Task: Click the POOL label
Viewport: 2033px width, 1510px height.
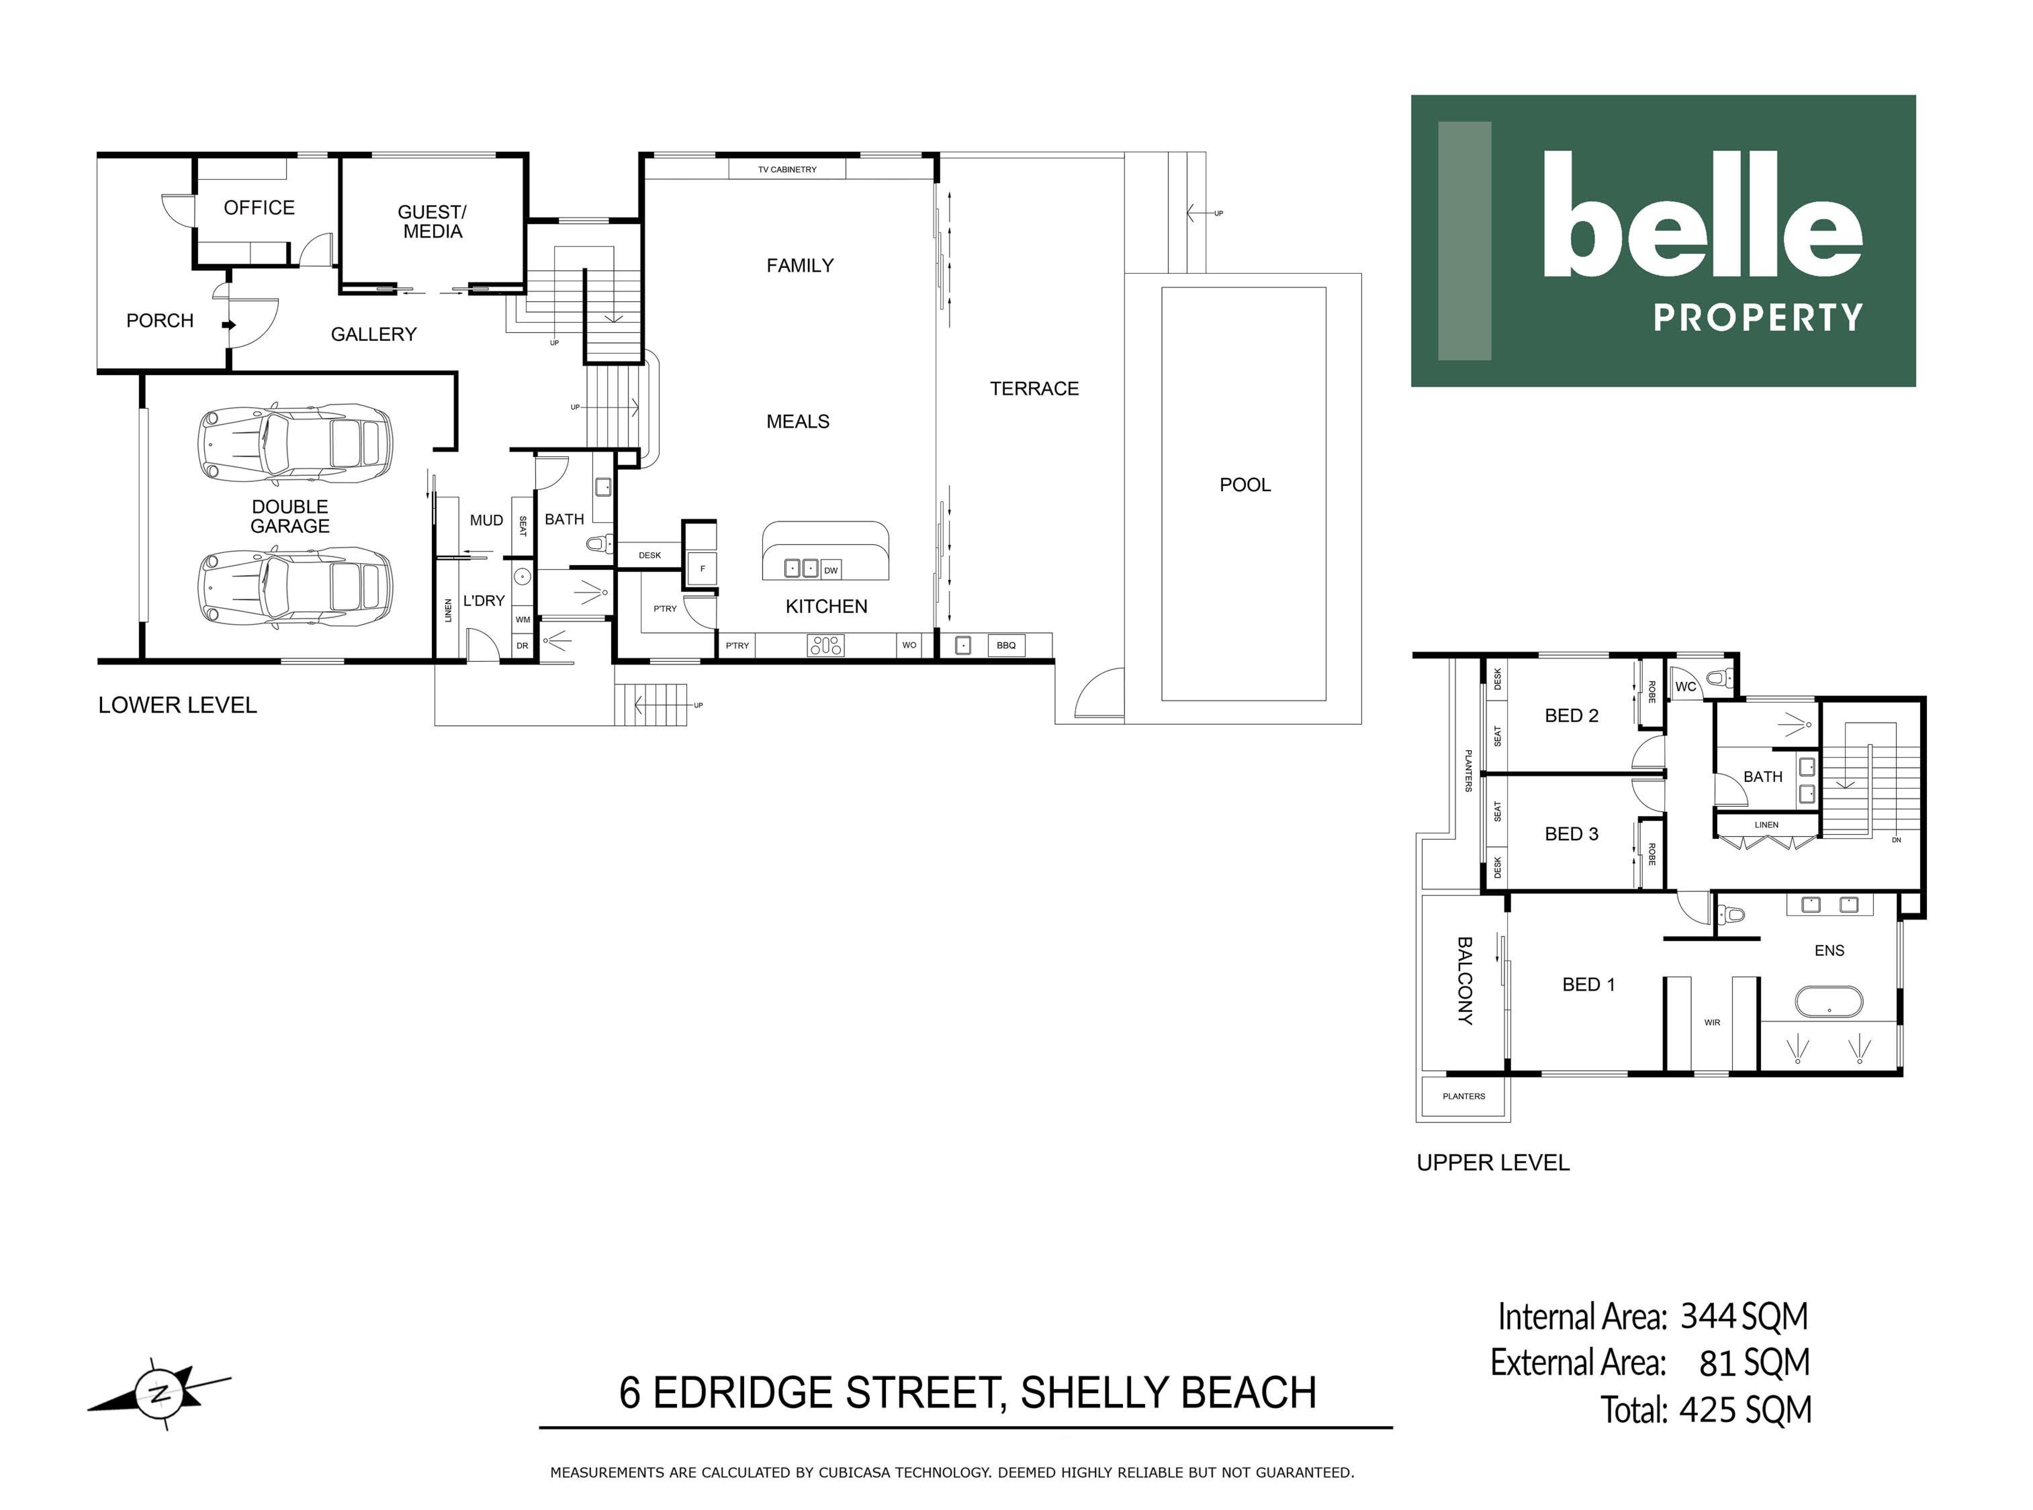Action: tap(1245, 485)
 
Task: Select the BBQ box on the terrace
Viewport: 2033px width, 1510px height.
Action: tap(1006, 645)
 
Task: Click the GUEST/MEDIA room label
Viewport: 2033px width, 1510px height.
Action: tap(433, 221)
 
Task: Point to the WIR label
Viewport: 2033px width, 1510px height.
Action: tap(1712, 1023)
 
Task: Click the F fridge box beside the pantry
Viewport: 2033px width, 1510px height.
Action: tap(703, 568)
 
